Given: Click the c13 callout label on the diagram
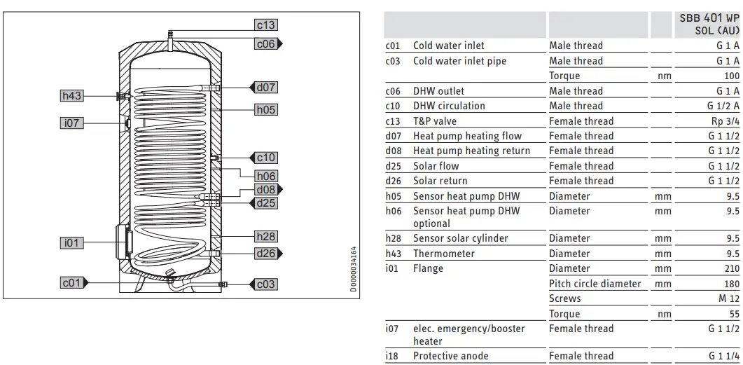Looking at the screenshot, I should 265,25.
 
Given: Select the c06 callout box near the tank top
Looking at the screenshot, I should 265,43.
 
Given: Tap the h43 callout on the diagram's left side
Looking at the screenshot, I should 72,96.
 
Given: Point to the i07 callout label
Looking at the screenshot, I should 72,123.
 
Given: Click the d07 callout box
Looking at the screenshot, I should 266,88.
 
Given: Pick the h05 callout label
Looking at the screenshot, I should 265,109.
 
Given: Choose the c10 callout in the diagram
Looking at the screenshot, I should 266,158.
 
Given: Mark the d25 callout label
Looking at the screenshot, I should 266,202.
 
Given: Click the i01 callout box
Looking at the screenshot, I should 72,243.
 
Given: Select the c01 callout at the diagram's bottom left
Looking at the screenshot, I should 72,283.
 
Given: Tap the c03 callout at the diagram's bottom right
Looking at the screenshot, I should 266,284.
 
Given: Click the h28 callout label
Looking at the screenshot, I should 266,237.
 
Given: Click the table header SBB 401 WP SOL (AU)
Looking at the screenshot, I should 709,25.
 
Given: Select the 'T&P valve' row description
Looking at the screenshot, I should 434,121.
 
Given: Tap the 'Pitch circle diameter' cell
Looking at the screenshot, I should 595,284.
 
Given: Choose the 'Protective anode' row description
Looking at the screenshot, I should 450,356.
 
